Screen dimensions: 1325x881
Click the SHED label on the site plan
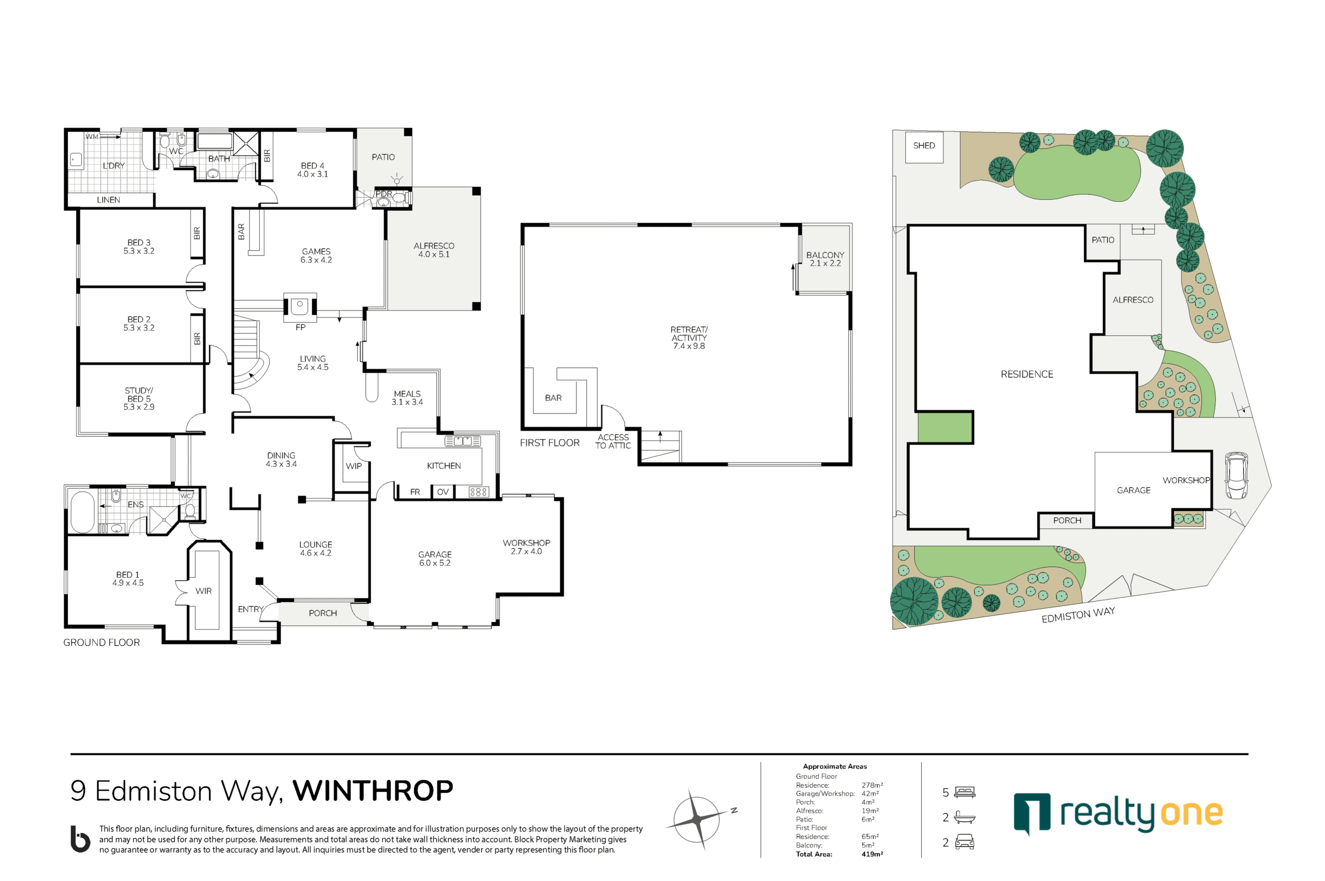click(924, 145)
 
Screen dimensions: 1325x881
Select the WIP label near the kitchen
click(354, 466)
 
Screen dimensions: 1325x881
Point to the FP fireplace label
click(301, 327)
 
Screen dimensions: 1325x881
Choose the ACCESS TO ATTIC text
click(613, 441)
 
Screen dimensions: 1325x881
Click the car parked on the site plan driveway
click(1235, 475)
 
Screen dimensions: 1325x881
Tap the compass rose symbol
click(697, 819)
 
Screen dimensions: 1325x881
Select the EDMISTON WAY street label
click(1078, 615)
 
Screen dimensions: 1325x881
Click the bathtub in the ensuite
click(83, 512)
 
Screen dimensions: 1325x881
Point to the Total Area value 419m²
click(872, 854)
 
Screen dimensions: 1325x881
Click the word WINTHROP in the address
click(373, 790)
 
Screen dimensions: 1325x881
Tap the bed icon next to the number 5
click(965, 792)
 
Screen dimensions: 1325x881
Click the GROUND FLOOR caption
click(101, 642)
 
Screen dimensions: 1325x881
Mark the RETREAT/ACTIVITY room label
click(689, 338)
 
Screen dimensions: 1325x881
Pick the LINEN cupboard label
click(109, 200)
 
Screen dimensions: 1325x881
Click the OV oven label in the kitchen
click(443, 491)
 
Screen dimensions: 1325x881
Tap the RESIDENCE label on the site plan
click(1026, 374)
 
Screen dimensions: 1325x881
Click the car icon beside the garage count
click(965, 842)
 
